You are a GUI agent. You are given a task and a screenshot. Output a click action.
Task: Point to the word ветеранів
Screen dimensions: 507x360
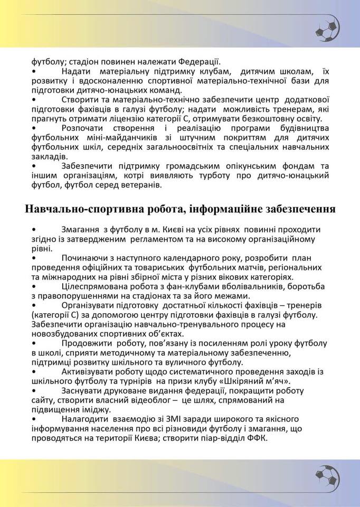[154, 185]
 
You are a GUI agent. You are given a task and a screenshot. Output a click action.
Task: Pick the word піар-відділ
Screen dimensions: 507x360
[221, 439]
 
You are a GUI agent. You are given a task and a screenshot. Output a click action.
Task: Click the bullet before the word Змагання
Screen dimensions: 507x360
[34, 230]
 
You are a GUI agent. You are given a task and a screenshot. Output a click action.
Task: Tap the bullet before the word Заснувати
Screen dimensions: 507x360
[34, 391]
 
